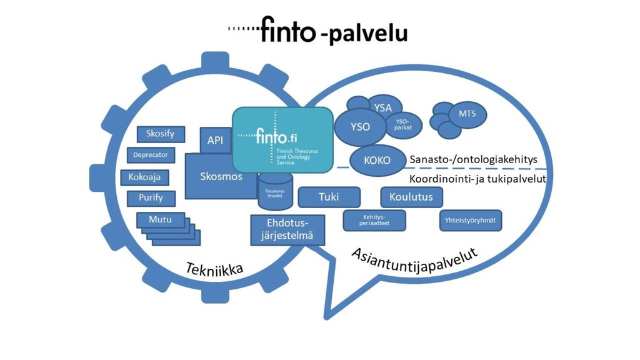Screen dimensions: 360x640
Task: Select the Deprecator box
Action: [151, 155]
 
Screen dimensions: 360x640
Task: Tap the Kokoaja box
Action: [144, 177]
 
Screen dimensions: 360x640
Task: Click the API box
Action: [215, 141]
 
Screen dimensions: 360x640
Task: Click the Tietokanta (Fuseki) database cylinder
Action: [271, 192]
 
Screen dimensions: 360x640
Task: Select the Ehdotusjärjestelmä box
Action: [287, 229]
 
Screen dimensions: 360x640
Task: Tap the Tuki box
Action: [329, 197]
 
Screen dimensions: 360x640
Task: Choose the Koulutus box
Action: [411, 197]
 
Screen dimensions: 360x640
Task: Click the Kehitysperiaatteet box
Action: [374, 220]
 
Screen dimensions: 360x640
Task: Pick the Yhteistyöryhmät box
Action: [471, 220]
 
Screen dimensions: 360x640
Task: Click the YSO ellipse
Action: [360, 127]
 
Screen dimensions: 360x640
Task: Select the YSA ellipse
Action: [382, 108]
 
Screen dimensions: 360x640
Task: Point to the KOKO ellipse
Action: [377, 160]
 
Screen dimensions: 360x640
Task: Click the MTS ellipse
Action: [467, 114]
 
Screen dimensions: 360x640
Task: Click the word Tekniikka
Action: [214, 269]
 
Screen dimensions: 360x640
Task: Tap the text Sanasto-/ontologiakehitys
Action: [473, 160]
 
